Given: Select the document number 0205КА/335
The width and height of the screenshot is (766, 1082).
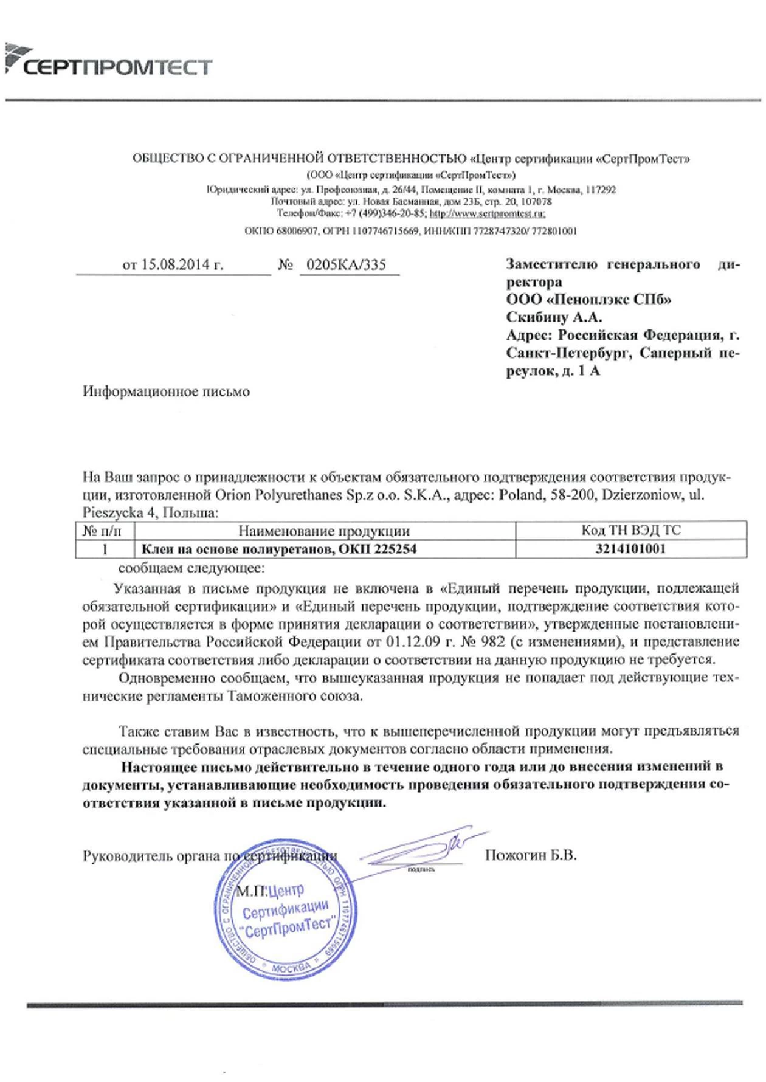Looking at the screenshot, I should [x=346, y=265].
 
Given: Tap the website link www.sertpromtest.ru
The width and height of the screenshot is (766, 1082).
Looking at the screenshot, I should [x=486, y=213].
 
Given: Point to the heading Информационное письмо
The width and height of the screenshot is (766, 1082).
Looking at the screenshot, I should [x=166, y=391].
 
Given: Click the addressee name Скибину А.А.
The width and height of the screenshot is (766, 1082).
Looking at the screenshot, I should [x=554, y=317].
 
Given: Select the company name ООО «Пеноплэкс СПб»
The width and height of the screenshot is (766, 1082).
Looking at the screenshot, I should [x=588, y=300].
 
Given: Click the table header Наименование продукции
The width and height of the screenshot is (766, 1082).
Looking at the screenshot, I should [x=323, y=531].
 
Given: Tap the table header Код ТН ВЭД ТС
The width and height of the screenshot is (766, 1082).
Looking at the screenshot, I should [x=630, y=530].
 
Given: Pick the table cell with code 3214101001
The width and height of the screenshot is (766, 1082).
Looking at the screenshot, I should [x=630, y=549].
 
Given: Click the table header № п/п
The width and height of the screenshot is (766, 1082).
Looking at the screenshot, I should [x=102, y=531].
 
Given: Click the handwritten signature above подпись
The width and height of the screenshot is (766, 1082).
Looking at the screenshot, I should [x=419, y=849].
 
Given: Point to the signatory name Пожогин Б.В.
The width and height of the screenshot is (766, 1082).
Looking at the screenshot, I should [x=531, y=855].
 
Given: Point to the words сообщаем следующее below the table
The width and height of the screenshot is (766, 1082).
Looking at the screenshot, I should [x=191, y=568].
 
